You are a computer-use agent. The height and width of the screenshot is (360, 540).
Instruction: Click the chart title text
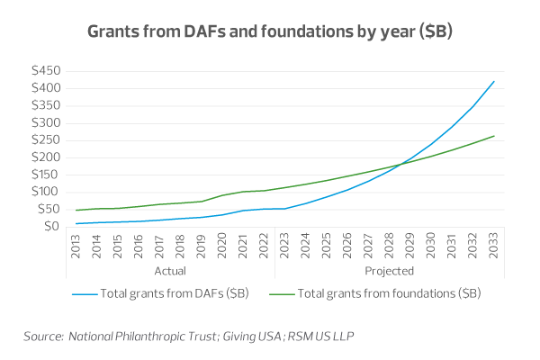coord(269,31)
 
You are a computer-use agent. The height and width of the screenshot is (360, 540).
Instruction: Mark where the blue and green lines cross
coord(400,163)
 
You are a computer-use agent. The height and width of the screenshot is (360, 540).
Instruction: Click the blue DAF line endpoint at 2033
coord(494,82)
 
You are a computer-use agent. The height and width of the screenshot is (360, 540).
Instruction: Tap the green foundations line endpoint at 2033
coord(494,136)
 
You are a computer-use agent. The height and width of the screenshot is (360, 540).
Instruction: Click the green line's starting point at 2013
coord(77,210)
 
